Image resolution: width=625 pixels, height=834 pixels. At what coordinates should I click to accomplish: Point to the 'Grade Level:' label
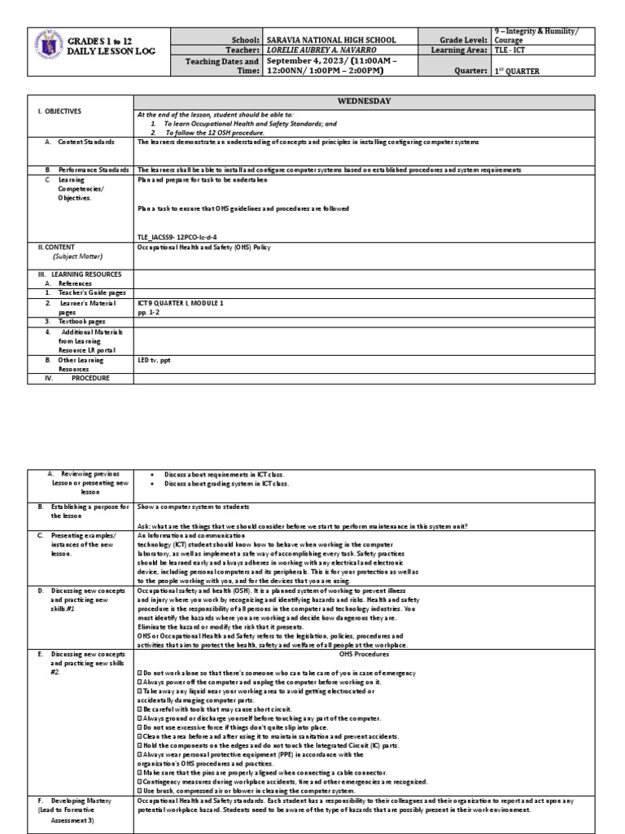(x=464, y=39)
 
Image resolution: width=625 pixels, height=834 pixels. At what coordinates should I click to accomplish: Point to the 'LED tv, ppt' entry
(x=155, y=358)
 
